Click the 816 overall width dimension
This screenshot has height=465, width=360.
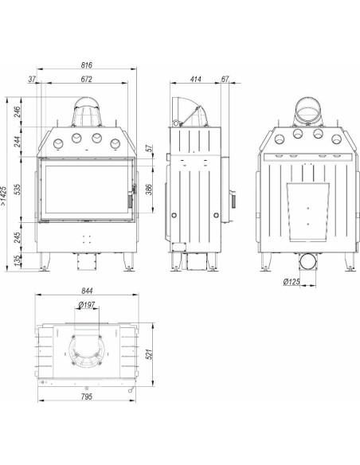(x=87, y=65)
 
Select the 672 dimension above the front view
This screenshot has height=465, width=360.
(x=87, y=79)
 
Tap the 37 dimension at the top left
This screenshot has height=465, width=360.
(x=32, y=79)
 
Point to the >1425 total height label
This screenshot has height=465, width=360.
(x=3, y=196)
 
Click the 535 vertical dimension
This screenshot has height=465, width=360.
(x=18, y=190)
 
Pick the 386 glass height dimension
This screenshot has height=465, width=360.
(x=149, y=190)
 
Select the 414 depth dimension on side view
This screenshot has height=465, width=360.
(x=196, y=79)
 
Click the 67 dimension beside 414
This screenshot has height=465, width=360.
(x=225, y=79)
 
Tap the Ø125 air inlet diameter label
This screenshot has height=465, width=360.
(x=292, y=281)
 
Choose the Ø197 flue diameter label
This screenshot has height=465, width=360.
(x=87, y=305)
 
